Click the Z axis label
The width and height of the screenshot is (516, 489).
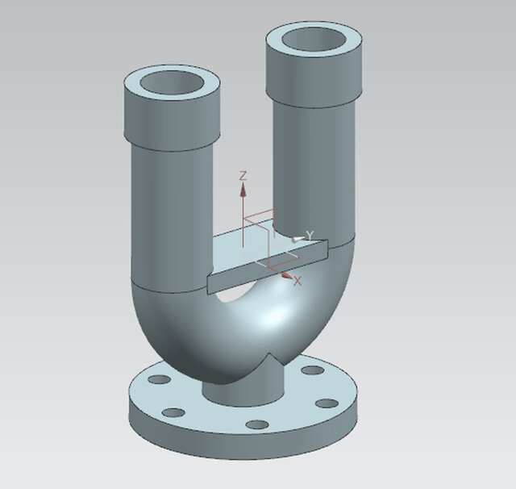click(x=243, y=175)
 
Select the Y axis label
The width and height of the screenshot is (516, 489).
click(x=310, y=235)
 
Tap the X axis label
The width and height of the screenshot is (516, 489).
click(x=298, y=281)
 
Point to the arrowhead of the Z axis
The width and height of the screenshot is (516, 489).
click(x=243, y=189)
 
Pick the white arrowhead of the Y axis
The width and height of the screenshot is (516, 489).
click(x=298, y=237)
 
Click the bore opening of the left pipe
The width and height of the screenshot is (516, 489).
click(x=171, y=82)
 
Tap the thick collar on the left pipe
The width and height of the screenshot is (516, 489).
click(x=171, y=117)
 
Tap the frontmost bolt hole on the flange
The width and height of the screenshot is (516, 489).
click(x=256, y=424)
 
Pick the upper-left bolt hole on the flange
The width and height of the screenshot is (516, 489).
click(x=160, y=378)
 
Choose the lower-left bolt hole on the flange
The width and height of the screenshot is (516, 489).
click(x=173, y=413)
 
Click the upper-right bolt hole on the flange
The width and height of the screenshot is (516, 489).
click(x=307, y=372)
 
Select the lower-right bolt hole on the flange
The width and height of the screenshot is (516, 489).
click(x=326, y=403)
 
